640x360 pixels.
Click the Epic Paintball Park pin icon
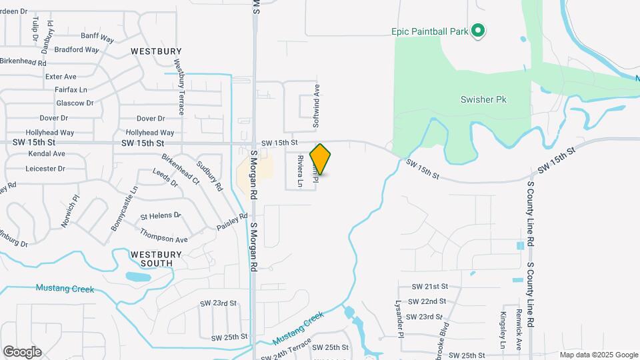pyautogui.click(x=478, y=31)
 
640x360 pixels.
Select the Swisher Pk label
pyautogui.click(x=484, y=99)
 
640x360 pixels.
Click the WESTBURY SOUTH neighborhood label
pyautogui.click(x=151, y=259)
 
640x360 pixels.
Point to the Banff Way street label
pyautogui.click(x=99, y=35)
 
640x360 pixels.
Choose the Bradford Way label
pyautogui.click(x=77, y=49)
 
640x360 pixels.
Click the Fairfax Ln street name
pyautogui.click(x=71, y=89)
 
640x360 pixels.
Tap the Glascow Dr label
pyautogui.click(x=75, y=103)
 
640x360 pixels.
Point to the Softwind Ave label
pyautogui.click(x=317, y=105)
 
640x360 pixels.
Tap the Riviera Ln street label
pyautogui.click(x=300, y=171)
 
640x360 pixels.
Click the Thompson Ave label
pyautogui.click(x=163, y=235)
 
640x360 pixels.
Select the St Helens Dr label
pyautogui.click(x=161, y=216)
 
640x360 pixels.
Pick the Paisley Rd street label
pyautogui.click(x=232, y=222)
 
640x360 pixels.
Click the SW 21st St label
pyautogui.click(x=429, y=286)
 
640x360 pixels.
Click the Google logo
pyautogui.click(x=22, y=351)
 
